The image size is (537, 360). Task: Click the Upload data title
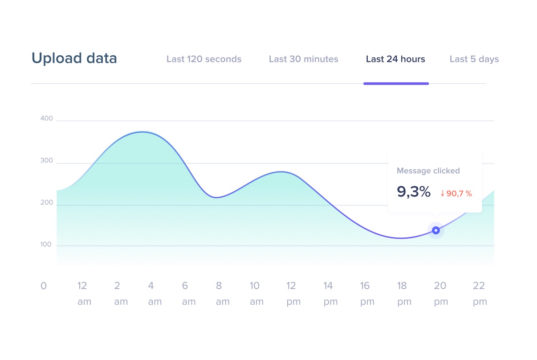[x=74, y=58]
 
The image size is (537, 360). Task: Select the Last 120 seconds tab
[x=204, y=59]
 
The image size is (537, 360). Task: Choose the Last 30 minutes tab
[x=303, y=59]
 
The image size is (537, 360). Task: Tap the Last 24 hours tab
[x=395, y=59]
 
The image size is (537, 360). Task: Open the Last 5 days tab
[x=474, y=59]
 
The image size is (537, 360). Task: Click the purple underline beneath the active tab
[x=396, y=83]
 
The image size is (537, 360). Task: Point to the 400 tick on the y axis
[x=46, y=119]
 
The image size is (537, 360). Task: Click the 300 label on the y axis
[x=46, y=161]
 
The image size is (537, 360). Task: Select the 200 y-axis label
[x=46, y=203]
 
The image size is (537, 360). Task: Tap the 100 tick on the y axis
[x=46, y=245]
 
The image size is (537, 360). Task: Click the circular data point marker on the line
[x=436, y=230]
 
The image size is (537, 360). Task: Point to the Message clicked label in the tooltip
[x=428, y=171]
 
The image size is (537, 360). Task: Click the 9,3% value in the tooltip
[x=414, y=192]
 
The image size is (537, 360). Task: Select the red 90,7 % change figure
[x=459, y=194]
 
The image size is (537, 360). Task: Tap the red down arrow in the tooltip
[x=443, y=194]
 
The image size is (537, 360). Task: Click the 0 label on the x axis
[x=43, y=286]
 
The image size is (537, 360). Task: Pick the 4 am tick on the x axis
[x=151, y=294]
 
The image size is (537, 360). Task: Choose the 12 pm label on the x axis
[x=292, y=294]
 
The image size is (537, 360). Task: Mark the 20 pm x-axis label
[x=440, y=294]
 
